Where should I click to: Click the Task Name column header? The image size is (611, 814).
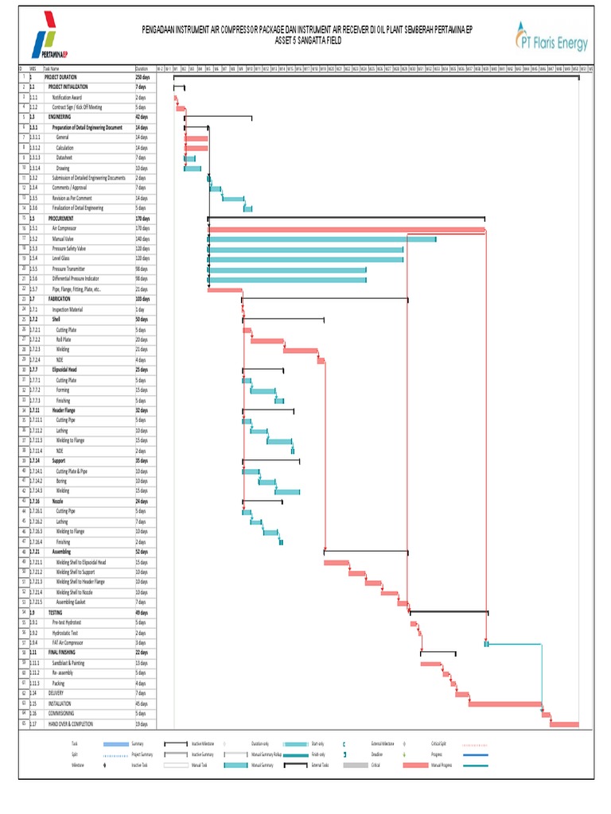[x=52, y=68]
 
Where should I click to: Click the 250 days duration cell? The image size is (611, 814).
[x=143, y=77]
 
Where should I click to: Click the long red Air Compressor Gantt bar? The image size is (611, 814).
[x=346, y=229]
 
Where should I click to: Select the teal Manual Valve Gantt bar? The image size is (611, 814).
[x=322, y=238]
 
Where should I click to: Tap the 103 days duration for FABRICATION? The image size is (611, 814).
[x=143, y=298]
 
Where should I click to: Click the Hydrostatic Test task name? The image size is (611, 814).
[x=68, y=632]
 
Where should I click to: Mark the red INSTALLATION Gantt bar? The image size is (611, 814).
[x=504, y=703]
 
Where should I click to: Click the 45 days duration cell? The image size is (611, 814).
[x=142, y=703]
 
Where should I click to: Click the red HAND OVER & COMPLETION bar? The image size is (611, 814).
[x=564, y=723]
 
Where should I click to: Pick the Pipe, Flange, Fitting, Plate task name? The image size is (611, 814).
[x=76, y=289]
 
